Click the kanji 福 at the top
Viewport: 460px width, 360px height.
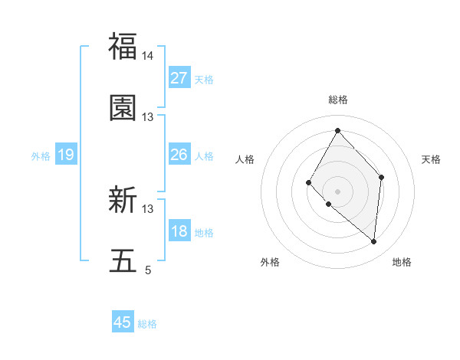[123, 46]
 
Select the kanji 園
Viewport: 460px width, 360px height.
[123, 108]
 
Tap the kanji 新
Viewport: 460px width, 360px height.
[123, 201]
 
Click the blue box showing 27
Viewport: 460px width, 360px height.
[179, 78]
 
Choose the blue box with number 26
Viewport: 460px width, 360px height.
[179, 155]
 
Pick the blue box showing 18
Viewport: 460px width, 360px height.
[179, 231]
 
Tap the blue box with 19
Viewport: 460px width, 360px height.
[66, 155]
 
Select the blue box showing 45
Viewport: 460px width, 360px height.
[123, 322]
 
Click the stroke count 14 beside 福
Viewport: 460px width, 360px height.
[148, 56]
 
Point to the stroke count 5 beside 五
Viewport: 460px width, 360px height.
[148, 270]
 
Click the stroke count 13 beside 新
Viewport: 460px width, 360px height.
[148, 208]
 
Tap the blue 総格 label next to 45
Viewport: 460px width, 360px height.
[147, 324]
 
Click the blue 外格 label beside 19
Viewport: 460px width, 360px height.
[41, 156]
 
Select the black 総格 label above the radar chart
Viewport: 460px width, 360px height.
[337, 100]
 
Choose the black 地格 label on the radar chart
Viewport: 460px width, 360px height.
[402, 263]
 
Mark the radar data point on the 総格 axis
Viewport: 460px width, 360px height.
[337, 130]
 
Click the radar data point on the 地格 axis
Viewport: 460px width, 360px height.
[373, 241]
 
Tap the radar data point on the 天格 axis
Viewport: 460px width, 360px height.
[381, 177]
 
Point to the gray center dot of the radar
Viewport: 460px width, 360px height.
[337, 191]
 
